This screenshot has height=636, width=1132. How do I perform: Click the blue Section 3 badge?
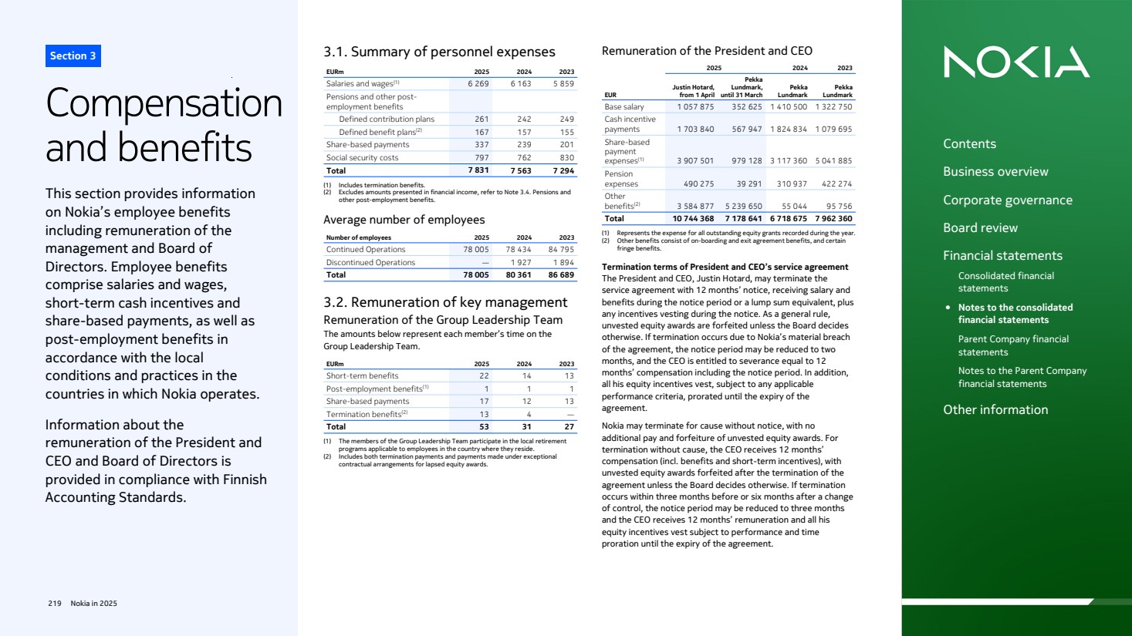[73, 56]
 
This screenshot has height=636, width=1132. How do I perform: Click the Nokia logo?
[1015, 62]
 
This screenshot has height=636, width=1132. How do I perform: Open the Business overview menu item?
[995, 172]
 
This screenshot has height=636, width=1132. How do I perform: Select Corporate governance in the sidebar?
[1007, 200]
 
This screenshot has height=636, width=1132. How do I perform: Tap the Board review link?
[980, 228]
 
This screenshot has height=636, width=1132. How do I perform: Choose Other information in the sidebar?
[995, 410]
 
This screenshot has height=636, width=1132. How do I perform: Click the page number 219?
[55, 604]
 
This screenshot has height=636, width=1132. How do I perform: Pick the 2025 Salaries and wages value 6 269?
[478, 84]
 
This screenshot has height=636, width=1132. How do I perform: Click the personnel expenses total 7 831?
[478, 170]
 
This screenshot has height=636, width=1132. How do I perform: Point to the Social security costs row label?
[362, 158]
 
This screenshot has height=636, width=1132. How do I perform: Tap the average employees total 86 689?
[561, 275]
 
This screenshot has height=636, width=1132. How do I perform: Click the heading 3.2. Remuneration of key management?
[445, 302]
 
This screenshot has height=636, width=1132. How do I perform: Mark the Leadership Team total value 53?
[484, 427]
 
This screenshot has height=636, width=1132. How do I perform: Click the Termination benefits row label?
[363, 415]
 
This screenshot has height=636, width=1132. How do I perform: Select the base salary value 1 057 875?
[695, 107]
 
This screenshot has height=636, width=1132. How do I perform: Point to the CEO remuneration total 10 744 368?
[693, 219]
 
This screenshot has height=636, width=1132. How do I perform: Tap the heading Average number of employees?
[404, 220]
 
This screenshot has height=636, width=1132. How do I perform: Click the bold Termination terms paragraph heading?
[725, 268]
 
